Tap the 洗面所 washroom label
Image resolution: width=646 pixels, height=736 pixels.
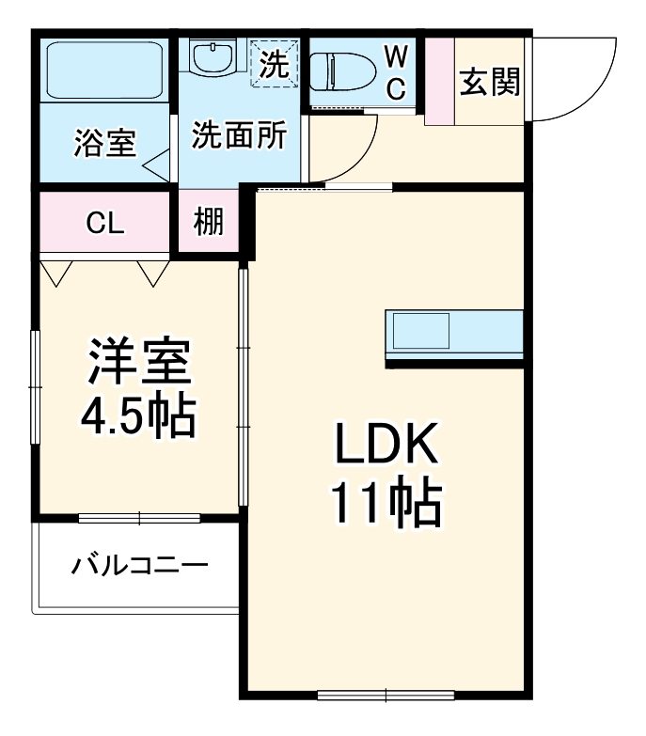pos(239,135)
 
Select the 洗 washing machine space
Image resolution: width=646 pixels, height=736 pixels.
pos(276,64)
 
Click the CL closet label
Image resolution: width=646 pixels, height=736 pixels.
pos(104,223)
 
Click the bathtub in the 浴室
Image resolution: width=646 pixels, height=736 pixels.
pos(103,70)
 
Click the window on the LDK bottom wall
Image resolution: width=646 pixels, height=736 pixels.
pos(386,696)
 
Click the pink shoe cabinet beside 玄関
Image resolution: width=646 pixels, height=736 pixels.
pos(439,82)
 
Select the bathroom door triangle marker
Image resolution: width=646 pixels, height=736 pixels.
pos(157,166)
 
